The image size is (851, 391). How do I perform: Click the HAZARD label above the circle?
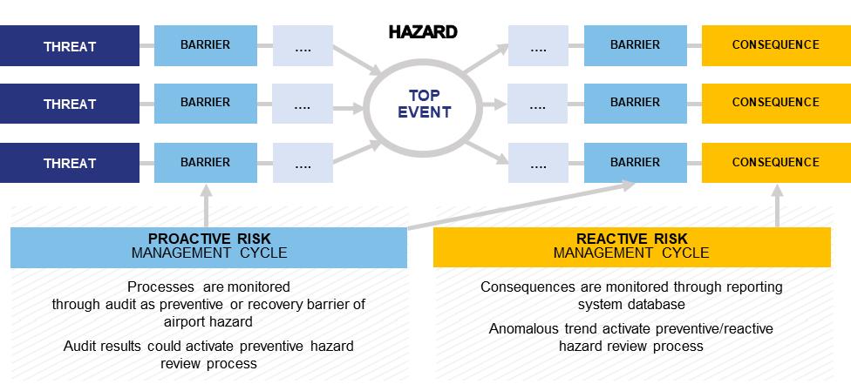click(x=423, y=33)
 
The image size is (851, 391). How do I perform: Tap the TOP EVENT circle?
click(x=425, y=104)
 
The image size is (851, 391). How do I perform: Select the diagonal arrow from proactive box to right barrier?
click(x=523, y=206)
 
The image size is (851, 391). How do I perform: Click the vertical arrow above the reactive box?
click(x=778, y=205)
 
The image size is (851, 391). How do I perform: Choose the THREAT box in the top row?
click(x=70, y=45)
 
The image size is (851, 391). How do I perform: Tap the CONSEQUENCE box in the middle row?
click(x=775, y=103)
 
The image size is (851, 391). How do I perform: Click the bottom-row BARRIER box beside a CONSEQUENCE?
click(x=635, y=162)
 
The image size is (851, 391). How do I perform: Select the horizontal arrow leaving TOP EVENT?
click(x=492, y=104)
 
